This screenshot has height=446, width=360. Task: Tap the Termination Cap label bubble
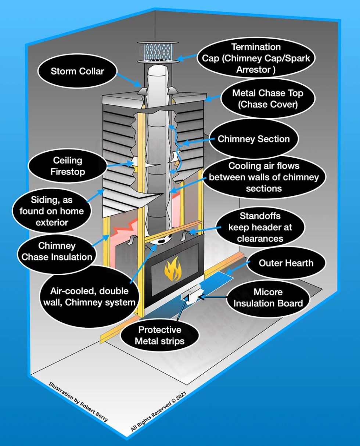[x=256, y=58]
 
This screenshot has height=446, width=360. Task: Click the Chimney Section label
[x=253, y=139]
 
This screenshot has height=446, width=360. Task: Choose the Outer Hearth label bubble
[x=286, y=263]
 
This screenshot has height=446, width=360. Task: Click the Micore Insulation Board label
[x=273, y=298]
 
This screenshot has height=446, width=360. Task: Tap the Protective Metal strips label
[x=159, y=335]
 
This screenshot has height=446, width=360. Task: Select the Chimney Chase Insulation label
[x=57, y=251]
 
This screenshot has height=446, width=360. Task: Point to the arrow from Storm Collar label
[x=129, y=79]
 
